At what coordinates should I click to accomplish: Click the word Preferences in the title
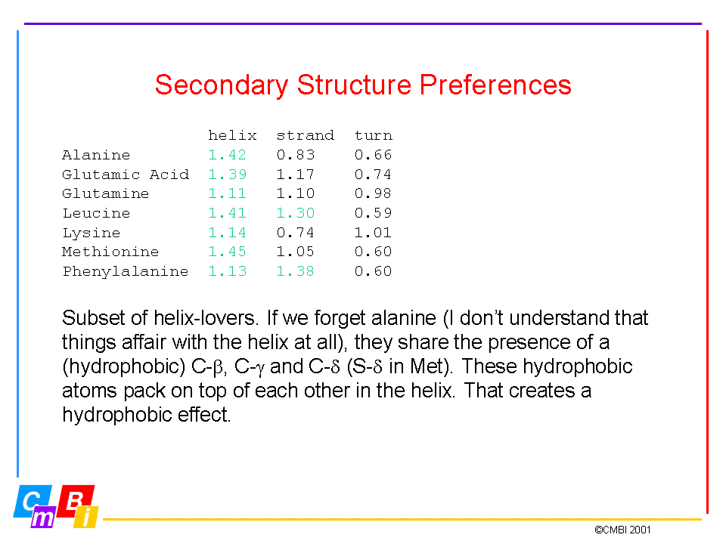coord(495,85)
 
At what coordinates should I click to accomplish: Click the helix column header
coord(232,135)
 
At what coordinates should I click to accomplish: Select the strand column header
coord(305,135)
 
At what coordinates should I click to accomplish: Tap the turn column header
coord(373,135)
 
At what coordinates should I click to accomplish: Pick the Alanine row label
coord(96,154)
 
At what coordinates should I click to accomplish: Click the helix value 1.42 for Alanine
coord(227,154)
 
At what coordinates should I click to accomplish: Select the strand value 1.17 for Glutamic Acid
coord(296,175)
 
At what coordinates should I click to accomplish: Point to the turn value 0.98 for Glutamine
coord(373,193)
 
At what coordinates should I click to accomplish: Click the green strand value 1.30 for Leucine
coord(296,213)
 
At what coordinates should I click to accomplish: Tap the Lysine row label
coord(92,233)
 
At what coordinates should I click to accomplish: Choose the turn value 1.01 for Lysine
coord(373,232)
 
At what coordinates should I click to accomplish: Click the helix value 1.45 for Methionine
coord(227,252)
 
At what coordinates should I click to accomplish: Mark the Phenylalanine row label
coord(126,271)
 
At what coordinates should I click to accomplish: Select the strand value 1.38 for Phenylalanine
coord(296,271)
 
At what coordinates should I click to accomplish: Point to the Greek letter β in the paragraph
coord(218,368)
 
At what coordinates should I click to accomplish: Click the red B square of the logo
coord(76,502)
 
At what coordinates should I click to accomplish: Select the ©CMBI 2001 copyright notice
coord(622,530)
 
